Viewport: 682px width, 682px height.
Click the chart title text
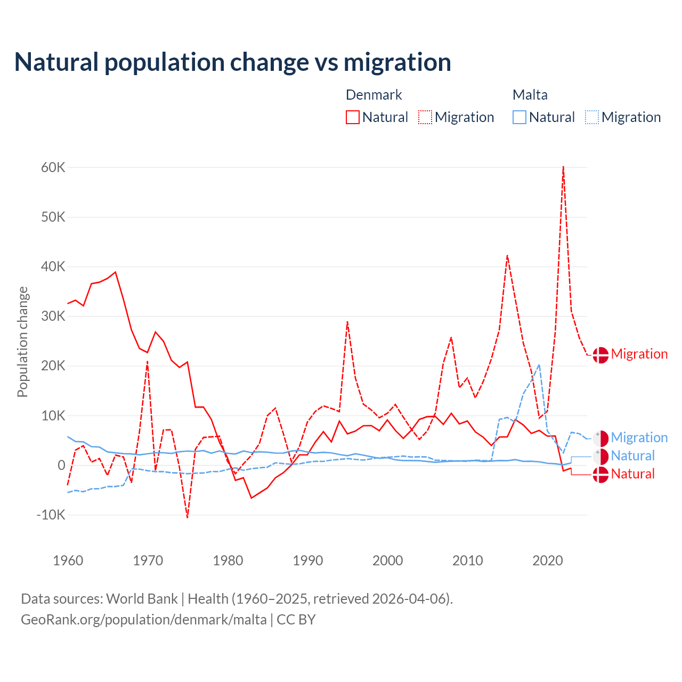pyautogui.click(x=233, y=62)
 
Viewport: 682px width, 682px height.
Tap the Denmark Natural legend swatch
pyautogui.click(x=352, y=117)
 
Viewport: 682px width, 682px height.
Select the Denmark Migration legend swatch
pyautogui.click(x=425, y=117)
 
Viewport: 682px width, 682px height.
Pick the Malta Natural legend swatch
pyautogui.click(x=519, y=117)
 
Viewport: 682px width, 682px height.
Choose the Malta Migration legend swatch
pyautogui.click(x=591, y=117)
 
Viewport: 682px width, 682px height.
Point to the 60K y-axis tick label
pyautogui.click(x=53, y=168)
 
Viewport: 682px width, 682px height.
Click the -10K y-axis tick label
pyautogui.click(x=51, y=515)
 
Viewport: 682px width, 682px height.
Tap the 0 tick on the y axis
pyautogui.click(x=61, y=465)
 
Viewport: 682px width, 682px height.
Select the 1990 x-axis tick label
pyautogui.click(x=308, y=561)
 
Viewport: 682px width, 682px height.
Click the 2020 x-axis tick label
pyautogui.click(x=548, y=561)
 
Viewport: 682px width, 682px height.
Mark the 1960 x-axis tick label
pyautogui.click(x=68, y=561)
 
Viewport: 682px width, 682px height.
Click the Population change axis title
pyautogui.click(x=22, y=342)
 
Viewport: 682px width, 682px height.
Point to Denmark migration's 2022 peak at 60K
pyautogui.click(x=563, y=167)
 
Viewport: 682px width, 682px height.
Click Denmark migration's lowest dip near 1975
pyautogui.click(x=188, y=517)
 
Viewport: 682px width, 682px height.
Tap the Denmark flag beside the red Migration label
pyautogui.click(x=600, y=355)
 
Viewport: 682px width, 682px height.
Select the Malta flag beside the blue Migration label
pyautogui.click(x=600, y=439)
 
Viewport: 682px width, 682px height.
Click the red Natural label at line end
pyautogui.click(x=632, y=474)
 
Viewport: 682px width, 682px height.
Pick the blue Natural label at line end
pyautogui.click(x=632, y=456)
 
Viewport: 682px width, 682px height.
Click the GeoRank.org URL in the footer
pyautogui.click(x=144, y=620)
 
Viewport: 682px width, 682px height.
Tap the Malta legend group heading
pyautogui.click(x=530, y=95)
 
